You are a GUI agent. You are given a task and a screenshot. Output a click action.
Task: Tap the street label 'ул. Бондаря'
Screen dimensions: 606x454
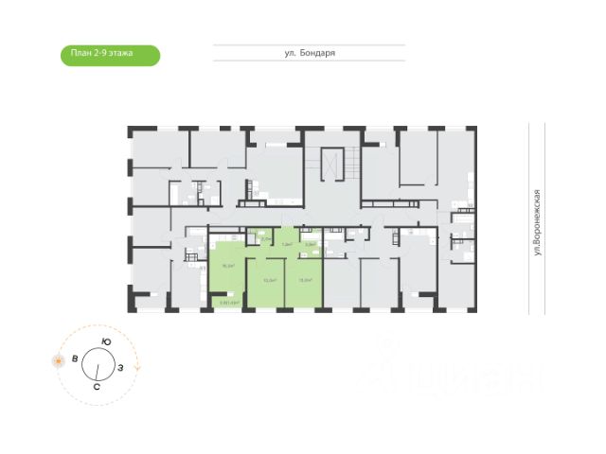click(310, 54)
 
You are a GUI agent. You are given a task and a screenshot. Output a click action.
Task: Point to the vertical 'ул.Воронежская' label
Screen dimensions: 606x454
click(536, 223)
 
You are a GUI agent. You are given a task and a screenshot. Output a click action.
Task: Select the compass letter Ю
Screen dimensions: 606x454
click(106, 341)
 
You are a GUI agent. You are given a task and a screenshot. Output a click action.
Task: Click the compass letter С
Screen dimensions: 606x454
click(98, 387)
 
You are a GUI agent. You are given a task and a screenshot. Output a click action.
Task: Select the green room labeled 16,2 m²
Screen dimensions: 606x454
click(226, 266)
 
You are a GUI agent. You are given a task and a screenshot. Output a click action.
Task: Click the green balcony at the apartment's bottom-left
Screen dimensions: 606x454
click(227, 303)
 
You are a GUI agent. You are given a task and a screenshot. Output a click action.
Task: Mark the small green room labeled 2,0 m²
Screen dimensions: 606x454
click(265, 239)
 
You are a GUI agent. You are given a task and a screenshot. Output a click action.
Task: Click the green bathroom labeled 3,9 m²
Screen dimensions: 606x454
click(309, 243)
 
